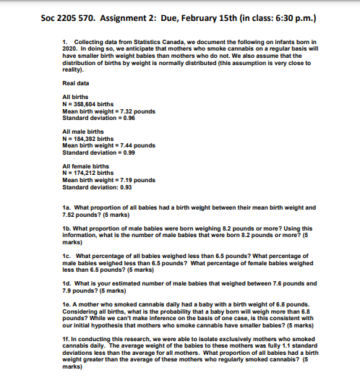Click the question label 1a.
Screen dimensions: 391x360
point(67,207)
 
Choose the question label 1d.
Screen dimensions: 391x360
point(67,282)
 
